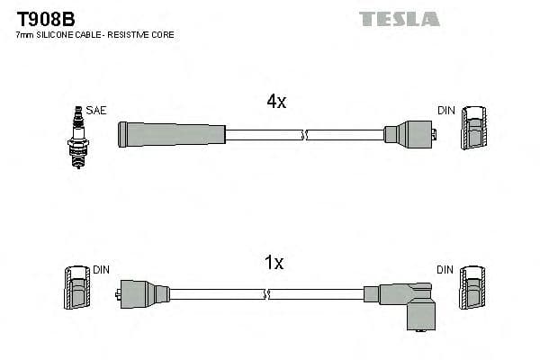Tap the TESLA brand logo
click(399, 19)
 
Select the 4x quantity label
click(276, 103)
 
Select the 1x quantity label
click(274, 264)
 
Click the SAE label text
click(97, 111)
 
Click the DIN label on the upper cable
click(446, 111)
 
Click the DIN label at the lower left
click(101, 269)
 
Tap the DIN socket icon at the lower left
click(75, 289)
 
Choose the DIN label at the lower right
click(445, 269)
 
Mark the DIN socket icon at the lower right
click(472, 289)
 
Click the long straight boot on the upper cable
click(171, 135)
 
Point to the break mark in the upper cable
click(306, 135)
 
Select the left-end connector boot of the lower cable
click(144, 293)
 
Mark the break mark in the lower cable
click(265, 293)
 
